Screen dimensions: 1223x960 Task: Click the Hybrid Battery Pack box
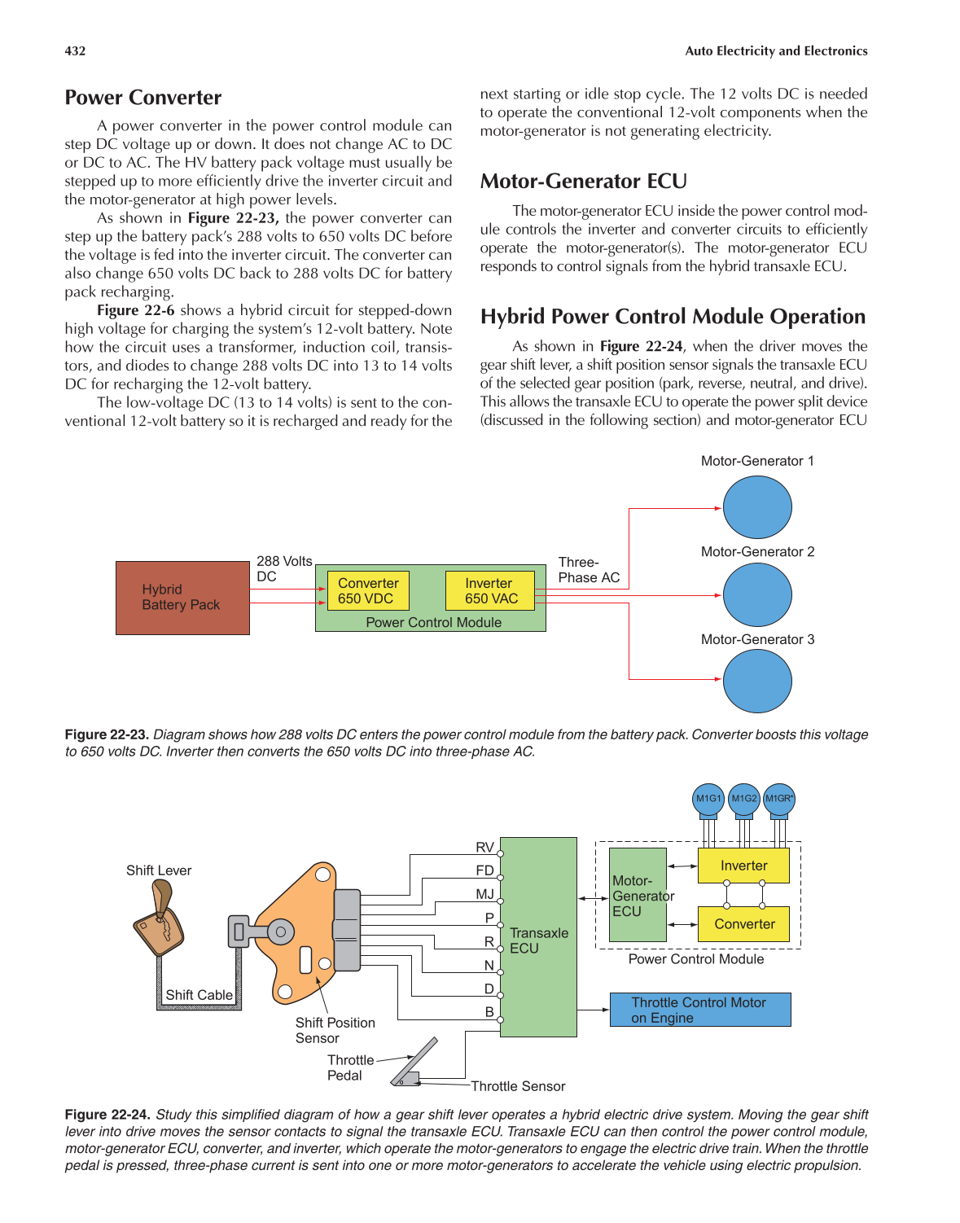pyautogui.click(x=182, y=598)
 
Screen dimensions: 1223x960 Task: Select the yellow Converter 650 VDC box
pyautogui.click(x=368, y=590)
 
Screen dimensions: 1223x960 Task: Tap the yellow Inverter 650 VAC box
pyautogui.click(x=490, y=590)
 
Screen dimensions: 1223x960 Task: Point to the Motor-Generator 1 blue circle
pyautogui.click(x=757, y=507)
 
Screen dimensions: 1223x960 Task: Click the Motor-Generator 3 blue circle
pyautogui.click(x=757, y=681)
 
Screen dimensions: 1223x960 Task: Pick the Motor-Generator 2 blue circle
pyautogui.click(x=757, y=595)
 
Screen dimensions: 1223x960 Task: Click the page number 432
pyautogui.click(x=75, y=50)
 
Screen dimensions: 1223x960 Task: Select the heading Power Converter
pyautogui.click(x=143, y=98)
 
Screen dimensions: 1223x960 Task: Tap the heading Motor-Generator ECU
pyautogui.click(x=583, y=181)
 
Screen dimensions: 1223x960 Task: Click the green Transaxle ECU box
pyautogui.click(x=538, y=936)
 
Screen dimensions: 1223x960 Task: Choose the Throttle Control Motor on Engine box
pyautogui.click(x=699, y=1010)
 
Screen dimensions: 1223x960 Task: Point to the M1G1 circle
pyautogui.click(x=708, y=799)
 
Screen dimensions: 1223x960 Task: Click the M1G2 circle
pyautogui.click(x=743, y=799)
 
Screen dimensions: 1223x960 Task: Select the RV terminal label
pyautogui.click(x=484, y=848)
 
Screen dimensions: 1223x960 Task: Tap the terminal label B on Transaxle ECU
pyautogui.click(x=489, y=1012)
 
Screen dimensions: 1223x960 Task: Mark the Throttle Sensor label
pyautogui.click(x=518, y=1086)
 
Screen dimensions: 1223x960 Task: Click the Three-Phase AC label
pyautogui.click(x=589, y=570)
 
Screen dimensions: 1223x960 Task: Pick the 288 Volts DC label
pyautogui.click(x=283, y=568)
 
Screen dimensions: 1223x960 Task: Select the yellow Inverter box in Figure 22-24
pyautogui.click(x=743, y=866)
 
